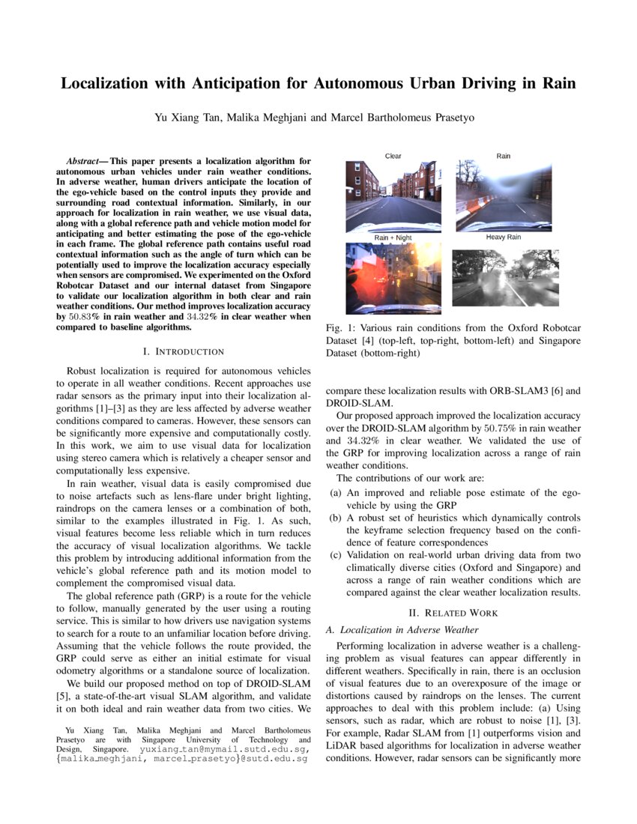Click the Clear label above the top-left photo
pyautogui.click(x=393, y=156)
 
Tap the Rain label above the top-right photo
pyautogui.click(x=504, y=156)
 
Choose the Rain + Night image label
pyautogui.click(x=393, y=237)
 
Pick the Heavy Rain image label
pyautogui.click(x=504, y=237)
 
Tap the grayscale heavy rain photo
pyautogui.click(x=503, y=278)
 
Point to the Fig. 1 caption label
pyautogui.click(x=342, y=328)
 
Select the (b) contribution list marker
pyautogui.click(x=336, y=518)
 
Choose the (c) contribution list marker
pyautogui.click(x=336, y=555)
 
